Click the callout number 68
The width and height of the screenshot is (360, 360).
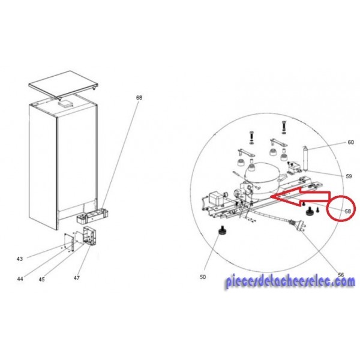point(139,98)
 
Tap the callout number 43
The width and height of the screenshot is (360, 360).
point(20,259)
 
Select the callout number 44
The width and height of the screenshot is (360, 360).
point(20,279)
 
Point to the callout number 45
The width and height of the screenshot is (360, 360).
point(41,280)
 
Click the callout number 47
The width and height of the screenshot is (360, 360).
point(77,278)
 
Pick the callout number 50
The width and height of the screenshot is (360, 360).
point(203,277)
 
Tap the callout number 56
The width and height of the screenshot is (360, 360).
point(341,275)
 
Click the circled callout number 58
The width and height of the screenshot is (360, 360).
point(348,211)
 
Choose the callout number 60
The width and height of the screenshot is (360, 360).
point(351,142)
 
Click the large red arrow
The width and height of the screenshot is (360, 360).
point(301,197)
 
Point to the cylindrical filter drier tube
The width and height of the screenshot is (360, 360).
point(306,159)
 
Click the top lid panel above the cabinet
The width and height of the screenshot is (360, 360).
point(64,85)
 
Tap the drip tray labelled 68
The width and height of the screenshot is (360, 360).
point(93,216)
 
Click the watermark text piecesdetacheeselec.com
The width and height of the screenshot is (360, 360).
point(290,281)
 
